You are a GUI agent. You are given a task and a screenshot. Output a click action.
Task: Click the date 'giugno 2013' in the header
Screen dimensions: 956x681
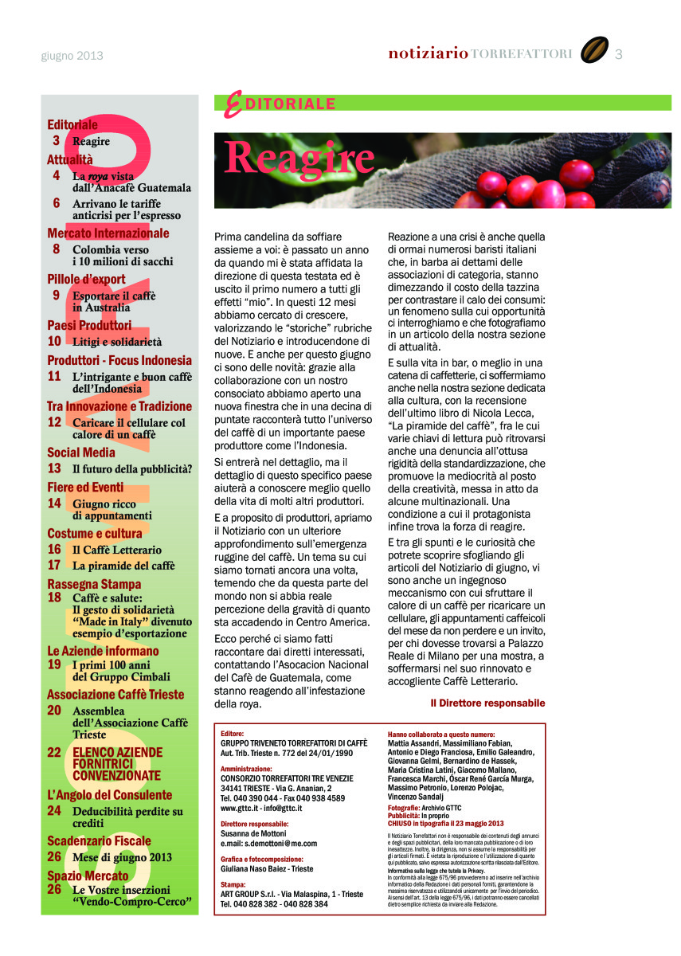(72, 56)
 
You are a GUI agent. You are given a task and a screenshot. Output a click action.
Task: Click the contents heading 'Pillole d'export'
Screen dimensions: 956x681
(86, 279)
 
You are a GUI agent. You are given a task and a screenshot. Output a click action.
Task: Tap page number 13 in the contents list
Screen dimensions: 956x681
(54, 468)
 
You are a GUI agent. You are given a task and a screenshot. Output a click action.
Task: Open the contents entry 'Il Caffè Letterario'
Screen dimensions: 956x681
(117, 550)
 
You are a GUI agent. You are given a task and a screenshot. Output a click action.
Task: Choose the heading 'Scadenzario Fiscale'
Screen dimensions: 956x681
(99, 840)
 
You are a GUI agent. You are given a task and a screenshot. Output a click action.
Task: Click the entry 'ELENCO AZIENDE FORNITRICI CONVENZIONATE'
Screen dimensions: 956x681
(117, 763)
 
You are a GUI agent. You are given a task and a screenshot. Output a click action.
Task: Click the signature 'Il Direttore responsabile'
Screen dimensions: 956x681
(487, 703)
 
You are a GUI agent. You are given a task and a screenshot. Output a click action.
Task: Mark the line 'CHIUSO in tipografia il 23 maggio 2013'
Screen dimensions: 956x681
(446, 823)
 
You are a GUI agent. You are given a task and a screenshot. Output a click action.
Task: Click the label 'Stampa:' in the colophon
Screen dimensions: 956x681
(233, 884)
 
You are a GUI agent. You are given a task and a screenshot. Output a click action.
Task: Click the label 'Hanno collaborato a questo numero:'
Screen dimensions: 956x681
(440, 733)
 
